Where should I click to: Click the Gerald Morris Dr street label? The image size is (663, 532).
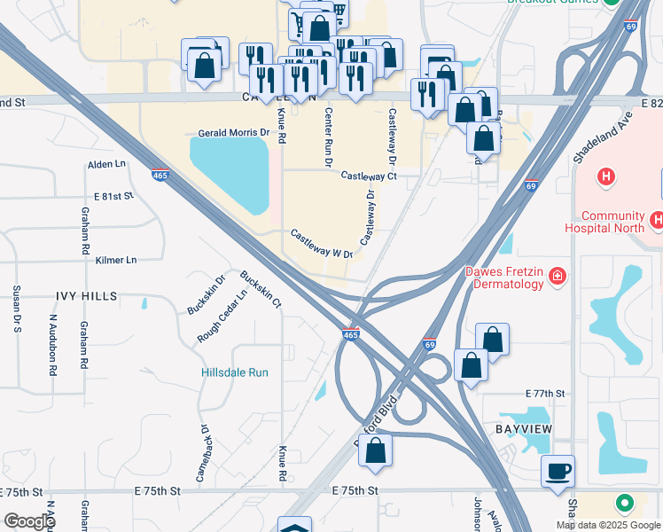click(234, 132)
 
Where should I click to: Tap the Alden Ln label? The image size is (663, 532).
click(106, 166)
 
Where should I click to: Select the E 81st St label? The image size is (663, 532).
click(113, 195)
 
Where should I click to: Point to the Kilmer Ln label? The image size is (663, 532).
click(116, 261)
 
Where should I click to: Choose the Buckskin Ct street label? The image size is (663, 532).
click(260, 289)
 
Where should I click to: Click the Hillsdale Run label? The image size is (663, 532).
click(234, 373)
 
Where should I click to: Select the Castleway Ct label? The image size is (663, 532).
click(368, 176)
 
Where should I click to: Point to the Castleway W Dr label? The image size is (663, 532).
click(323, 244)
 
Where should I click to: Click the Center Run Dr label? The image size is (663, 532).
click(328, 137)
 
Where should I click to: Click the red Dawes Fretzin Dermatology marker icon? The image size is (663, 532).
click(558, 277)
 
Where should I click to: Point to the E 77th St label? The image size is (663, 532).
click(544, 392)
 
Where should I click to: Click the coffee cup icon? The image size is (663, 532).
click(558, 472)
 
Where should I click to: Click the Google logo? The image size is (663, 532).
click(30, 521)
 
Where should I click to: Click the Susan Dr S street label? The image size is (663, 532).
click(16, 306)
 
